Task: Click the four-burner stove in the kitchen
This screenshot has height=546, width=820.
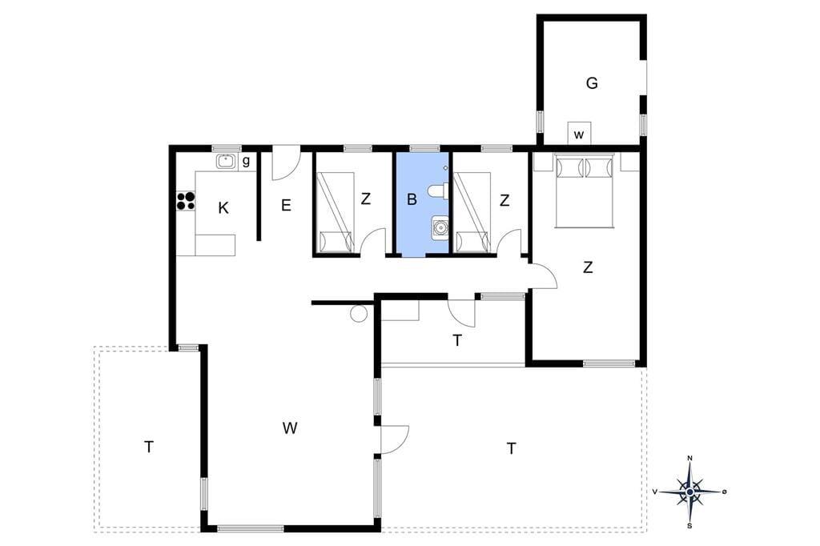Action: [186, 201]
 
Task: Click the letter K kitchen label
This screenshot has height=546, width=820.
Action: [223, 208]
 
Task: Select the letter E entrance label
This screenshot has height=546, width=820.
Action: [286, 205]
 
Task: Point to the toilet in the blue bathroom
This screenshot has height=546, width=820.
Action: [436, 192]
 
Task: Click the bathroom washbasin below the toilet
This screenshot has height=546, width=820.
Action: [440, 227]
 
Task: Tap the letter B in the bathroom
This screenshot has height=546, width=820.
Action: [412, 199]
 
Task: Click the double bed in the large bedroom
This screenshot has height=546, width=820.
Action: [584, 191]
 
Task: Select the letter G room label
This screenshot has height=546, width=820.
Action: [592, 82]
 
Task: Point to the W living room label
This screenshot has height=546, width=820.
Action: [290, 428]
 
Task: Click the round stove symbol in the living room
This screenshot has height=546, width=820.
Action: [359, 314]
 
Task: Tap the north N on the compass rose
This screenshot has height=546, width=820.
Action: [689, 458]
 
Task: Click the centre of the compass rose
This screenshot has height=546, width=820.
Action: [689, 492]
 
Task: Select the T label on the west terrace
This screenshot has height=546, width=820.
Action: [149, 448]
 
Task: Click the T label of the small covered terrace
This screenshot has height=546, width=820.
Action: [457, 340]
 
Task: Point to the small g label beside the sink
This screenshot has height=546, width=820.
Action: [246, 162]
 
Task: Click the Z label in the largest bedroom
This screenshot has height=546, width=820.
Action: [588, 267]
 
